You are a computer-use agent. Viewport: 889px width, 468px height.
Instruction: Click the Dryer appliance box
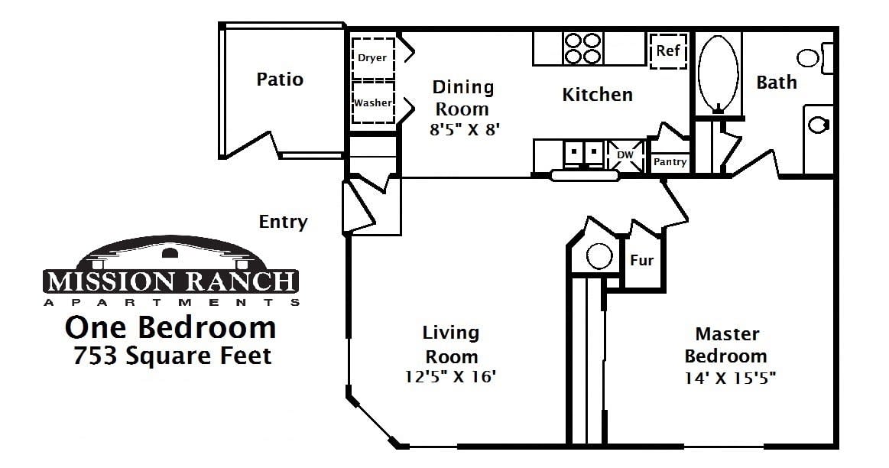[372, 58]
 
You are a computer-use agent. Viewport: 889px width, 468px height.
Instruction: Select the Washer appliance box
[372, 102]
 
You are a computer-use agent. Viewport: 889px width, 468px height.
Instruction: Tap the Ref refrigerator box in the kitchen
[668, 51]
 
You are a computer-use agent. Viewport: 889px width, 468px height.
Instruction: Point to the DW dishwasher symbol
[625, 154]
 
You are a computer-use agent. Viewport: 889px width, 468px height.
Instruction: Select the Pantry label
[670, 162]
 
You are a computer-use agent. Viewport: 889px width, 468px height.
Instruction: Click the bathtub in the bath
[718, 72]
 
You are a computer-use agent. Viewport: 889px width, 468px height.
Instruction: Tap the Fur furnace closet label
[641, 261]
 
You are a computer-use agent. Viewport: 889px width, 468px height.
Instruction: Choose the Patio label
[280, 79]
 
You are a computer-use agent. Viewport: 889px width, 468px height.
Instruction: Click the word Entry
[283, 222]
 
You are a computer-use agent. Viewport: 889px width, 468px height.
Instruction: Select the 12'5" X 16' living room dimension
[451, 376]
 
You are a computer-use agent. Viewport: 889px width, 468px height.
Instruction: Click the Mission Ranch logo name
[170, 281]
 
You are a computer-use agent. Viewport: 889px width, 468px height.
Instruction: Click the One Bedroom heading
[170, 327]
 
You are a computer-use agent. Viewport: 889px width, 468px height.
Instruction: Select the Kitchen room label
[597, 94]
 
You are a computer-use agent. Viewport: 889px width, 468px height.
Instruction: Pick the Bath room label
[776, 82]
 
